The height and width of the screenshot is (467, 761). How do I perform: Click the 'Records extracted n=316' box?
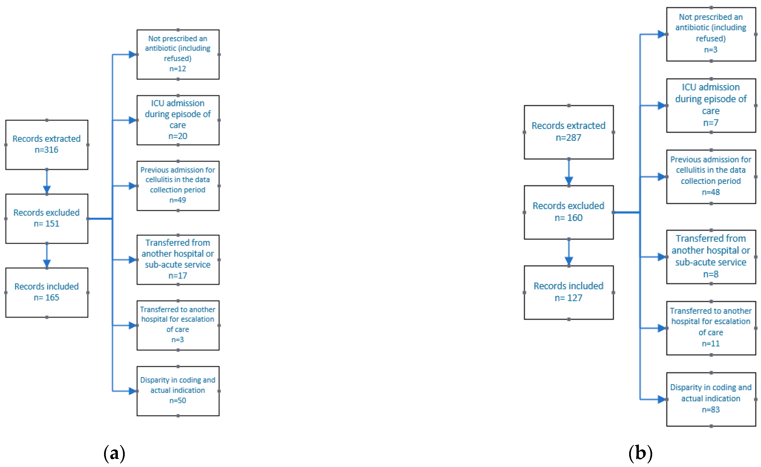pos(47,145)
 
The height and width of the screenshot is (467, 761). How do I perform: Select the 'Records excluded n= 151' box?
pos(47,219)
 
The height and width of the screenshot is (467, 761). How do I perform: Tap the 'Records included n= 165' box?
pos(47,292)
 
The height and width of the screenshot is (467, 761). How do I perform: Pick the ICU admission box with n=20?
pos(178,120)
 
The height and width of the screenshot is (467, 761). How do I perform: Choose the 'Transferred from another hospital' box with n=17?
pos(178,260)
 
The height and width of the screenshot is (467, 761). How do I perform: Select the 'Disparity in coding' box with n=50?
pos(178,391)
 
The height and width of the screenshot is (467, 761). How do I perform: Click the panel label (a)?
pos(114,453)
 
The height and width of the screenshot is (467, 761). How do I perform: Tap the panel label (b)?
pos(641,453)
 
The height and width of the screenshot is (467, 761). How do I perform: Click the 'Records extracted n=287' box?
pos(569,132)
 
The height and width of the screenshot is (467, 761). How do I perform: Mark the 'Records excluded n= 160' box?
pos(569,212)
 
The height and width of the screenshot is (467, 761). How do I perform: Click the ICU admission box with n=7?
pos(711,105)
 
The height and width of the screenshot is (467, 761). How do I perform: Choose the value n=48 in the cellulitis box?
pos(711,192)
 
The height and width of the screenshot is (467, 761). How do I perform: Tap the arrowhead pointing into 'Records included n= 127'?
pos(569,261)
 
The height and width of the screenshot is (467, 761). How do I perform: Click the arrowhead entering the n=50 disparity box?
pos(133,391)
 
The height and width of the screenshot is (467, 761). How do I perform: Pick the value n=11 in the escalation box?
pos(711,343)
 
